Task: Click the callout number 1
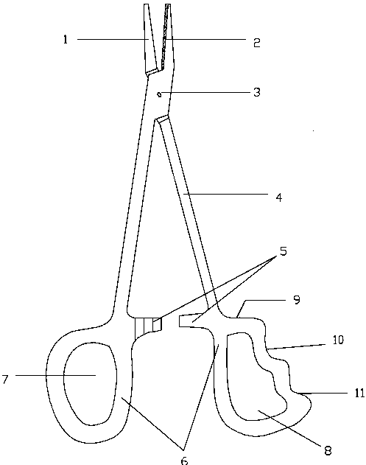coord(66,39)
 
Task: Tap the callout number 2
coord(257,43)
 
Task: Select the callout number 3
coord(257,92)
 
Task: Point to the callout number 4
coord(279,197)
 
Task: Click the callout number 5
coord(284,251)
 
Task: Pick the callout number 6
coord(184,461)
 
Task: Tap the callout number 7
coord(4,380)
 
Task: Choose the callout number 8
coord(328,451)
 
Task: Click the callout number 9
coord(297,300)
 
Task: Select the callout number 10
coord(337,340)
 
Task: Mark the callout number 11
coord(359,394)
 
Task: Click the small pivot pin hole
coord(160,94)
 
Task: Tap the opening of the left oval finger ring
coord(90,385)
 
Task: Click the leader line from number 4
coord(226,195)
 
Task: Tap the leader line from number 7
coord(55,375)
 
